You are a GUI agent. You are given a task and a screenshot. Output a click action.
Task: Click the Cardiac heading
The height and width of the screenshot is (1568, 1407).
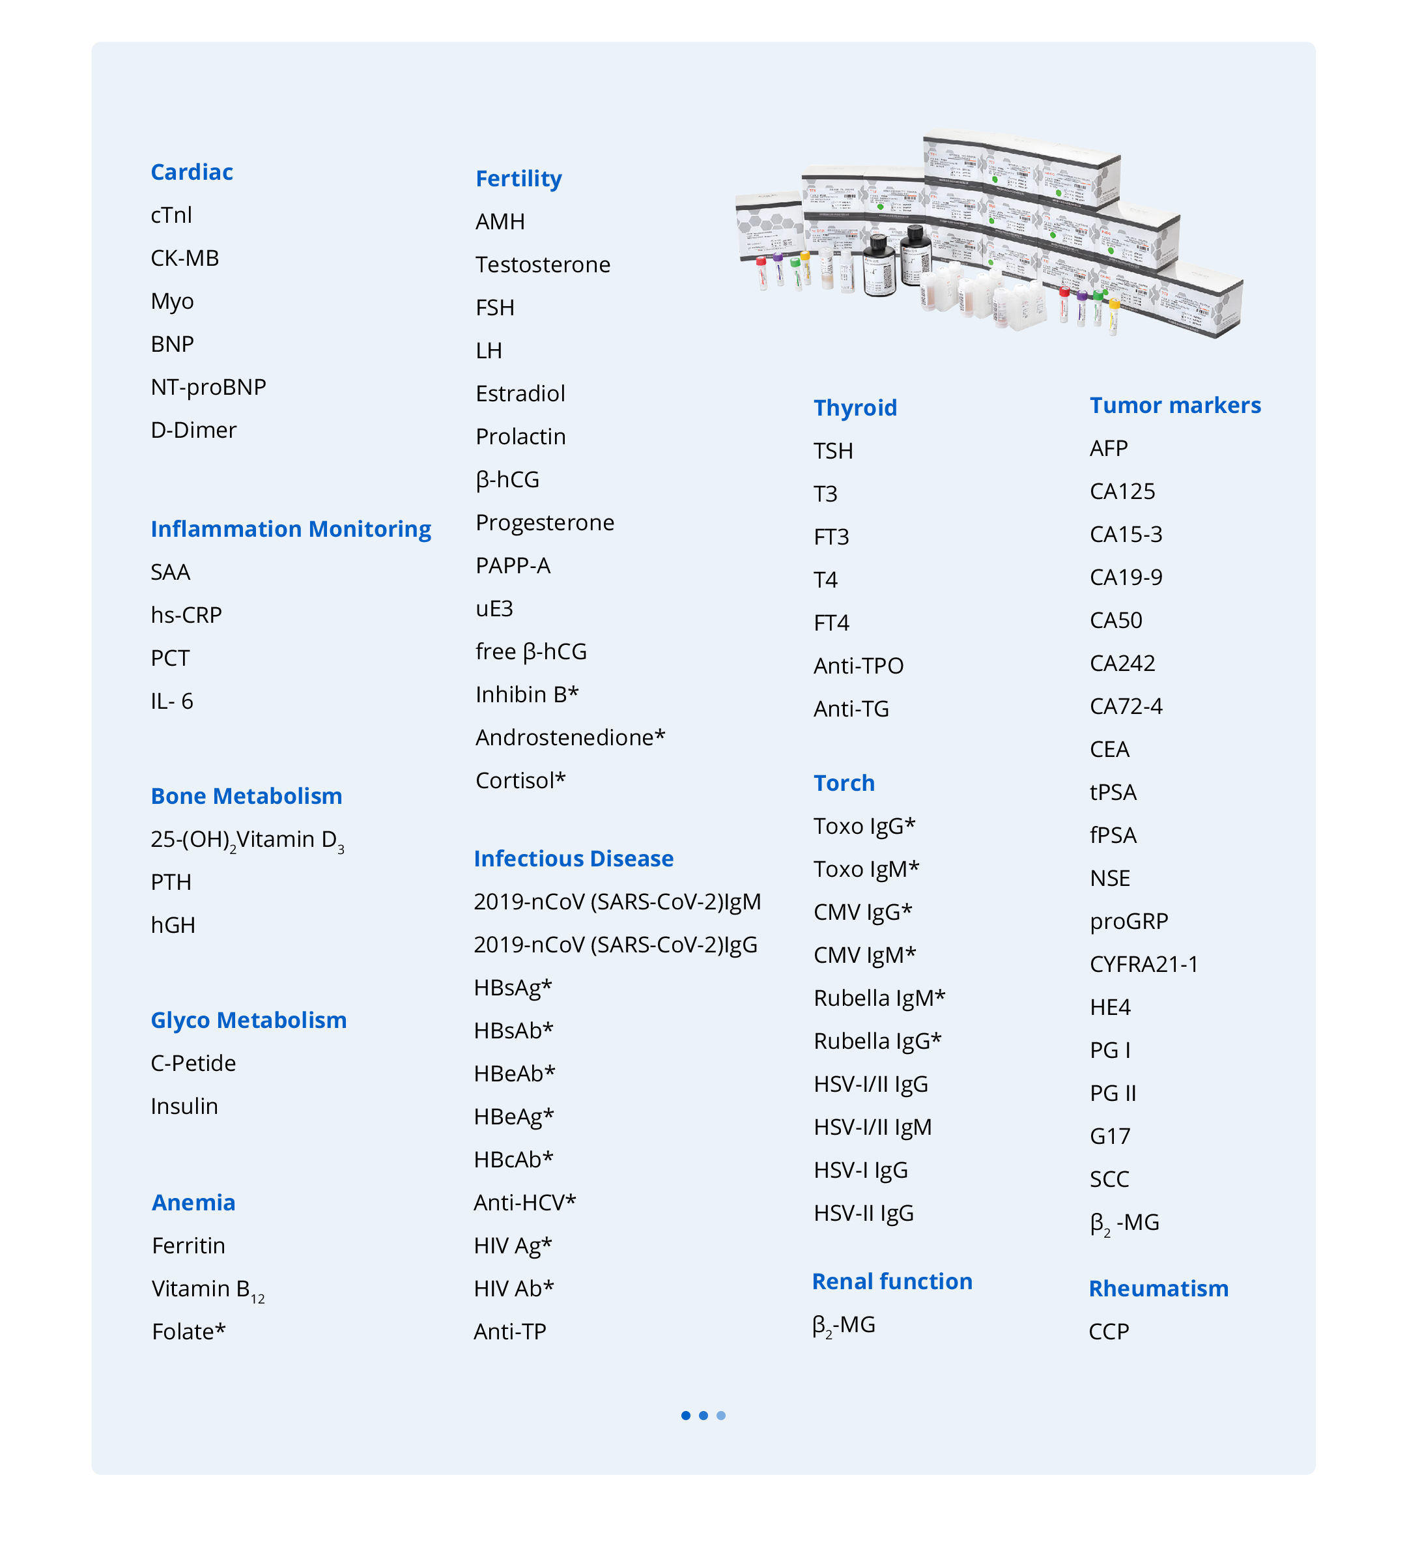(x=192, y=171)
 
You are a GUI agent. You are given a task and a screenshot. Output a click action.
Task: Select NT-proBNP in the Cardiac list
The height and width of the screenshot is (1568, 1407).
(x=208, y=386)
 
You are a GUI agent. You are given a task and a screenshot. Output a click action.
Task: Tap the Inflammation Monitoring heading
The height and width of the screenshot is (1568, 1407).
(x=291, y=529)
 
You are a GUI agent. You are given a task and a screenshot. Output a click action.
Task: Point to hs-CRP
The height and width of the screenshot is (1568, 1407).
(x=186, y=615)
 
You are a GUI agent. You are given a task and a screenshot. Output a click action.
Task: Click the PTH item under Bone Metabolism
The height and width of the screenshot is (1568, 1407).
(x=171, y=882)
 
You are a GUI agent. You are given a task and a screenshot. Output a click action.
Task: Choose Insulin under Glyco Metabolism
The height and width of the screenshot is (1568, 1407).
(x=184, y=1106)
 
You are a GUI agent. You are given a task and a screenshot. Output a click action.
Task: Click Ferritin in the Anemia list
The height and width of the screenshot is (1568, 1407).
(x=189, y=1246)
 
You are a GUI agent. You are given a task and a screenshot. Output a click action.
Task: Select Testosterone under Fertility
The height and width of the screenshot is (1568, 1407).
(x=543, y=264)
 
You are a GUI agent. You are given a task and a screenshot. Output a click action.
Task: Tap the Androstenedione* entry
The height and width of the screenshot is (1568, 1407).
(x=570, y=737)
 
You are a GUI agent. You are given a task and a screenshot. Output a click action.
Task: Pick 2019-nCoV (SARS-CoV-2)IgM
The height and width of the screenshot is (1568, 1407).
(x=617, y=902)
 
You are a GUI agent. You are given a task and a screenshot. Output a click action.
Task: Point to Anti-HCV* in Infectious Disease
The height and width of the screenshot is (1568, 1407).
(x=525, y=1203)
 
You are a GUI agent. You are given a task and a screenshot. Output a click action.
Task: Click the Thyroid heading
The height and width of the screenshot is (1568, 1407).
(x=855, y=407)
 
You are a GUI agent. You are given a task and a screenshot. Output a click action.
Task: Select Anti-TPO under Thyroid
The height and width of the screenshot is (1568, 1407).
(x=858, y=666)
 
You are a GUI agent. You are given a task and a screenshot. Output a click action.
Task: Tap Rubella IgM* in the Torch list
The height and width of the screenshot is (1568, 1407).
(x=879, y=998)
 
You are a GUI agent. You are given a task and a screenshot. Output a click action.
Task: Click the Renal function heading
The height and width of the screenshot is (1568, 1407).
(x=892, y=1281)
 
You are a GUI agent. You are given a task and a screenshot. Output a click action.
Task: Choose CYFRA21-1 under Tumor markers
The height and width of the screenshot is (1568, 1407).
(x=1143, y=964)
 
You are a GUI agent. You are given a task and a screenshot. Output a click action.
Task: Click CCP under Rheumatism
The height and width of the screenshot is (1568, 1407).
(x=1109, y=1332)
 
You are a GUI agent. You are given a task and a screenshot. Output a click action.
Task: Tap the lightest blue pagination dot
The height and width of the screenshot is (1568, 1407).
(x=721, y=1416)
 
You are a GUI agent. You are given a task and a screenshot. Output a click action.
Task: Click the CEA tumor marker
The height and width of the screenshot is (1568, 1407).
(x=1109, y=749)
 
